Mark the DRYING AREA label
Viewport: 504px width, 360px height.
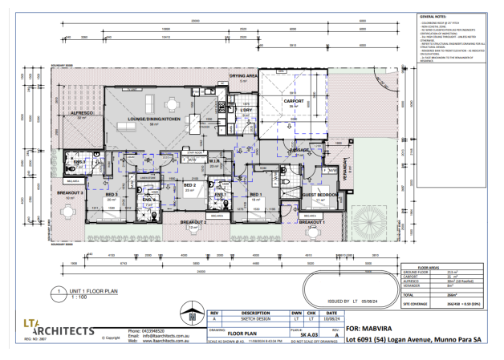(243, 76)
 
